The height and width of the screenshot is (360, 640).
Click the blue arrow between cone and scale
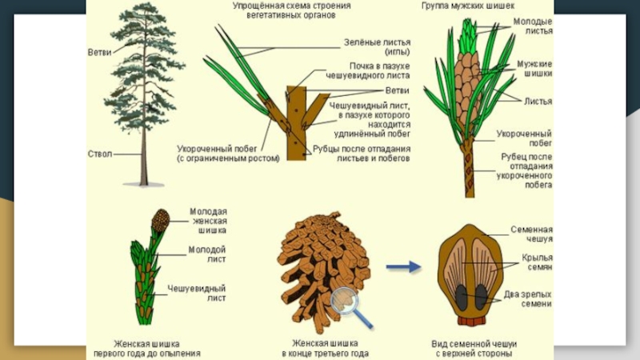(403, 267)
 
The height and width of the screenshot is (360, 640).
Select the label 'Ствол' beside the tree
(100, 153)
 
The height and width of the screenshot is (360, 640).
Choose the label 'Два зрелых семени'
(528, 298)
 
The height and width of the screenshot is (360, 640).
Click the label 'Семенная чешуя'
(532, 234)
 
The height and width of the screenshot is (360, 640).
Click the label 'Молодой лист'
(207, 254)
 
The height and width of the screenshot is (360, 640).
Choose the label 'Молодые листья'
(532, 26)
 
